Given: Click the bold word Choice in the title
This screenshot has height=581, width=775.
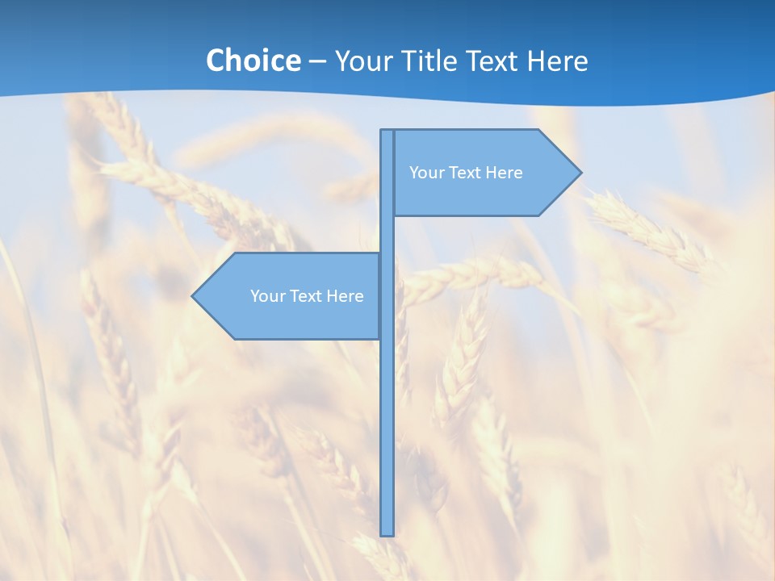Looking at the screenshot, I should (253, 61).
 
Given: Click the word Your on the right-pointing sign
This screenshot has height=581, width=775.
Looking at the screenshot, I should (425, 173).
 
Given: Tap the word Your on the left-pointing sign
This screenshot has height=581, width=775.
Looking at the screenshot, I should (266, 296).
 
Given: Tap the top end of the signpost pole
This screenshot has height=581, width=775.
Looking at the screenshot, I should (387, 133).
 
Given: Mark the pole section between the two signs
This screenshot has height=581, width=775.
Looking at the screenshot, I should (387, 234).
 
